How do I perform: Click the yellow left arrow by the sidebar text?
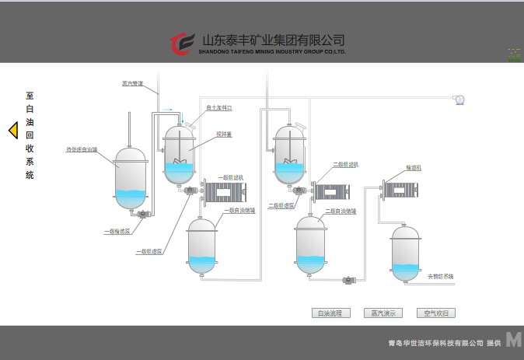coord(12,131)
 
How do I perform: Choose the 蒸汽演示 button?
coord(383,313)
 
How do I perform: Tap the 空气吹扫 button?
coord(435,313)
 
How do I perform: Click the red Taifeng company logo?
coord(182,44)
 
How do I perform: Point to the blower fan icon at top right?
coord(459,99)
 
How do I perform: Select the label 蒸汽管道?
coord(133,83)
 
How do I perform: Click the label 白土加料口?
coord(219,107)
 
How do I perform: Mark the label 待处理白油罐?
coord(81,149)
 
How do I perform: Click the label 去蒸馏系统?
coord(440,276)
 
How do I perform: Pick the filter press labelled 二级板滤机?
coord(333,190)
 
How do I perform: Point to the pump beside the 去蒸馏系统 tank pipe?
coord(349,279)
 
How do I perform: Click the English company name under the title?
coord(271,53)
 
